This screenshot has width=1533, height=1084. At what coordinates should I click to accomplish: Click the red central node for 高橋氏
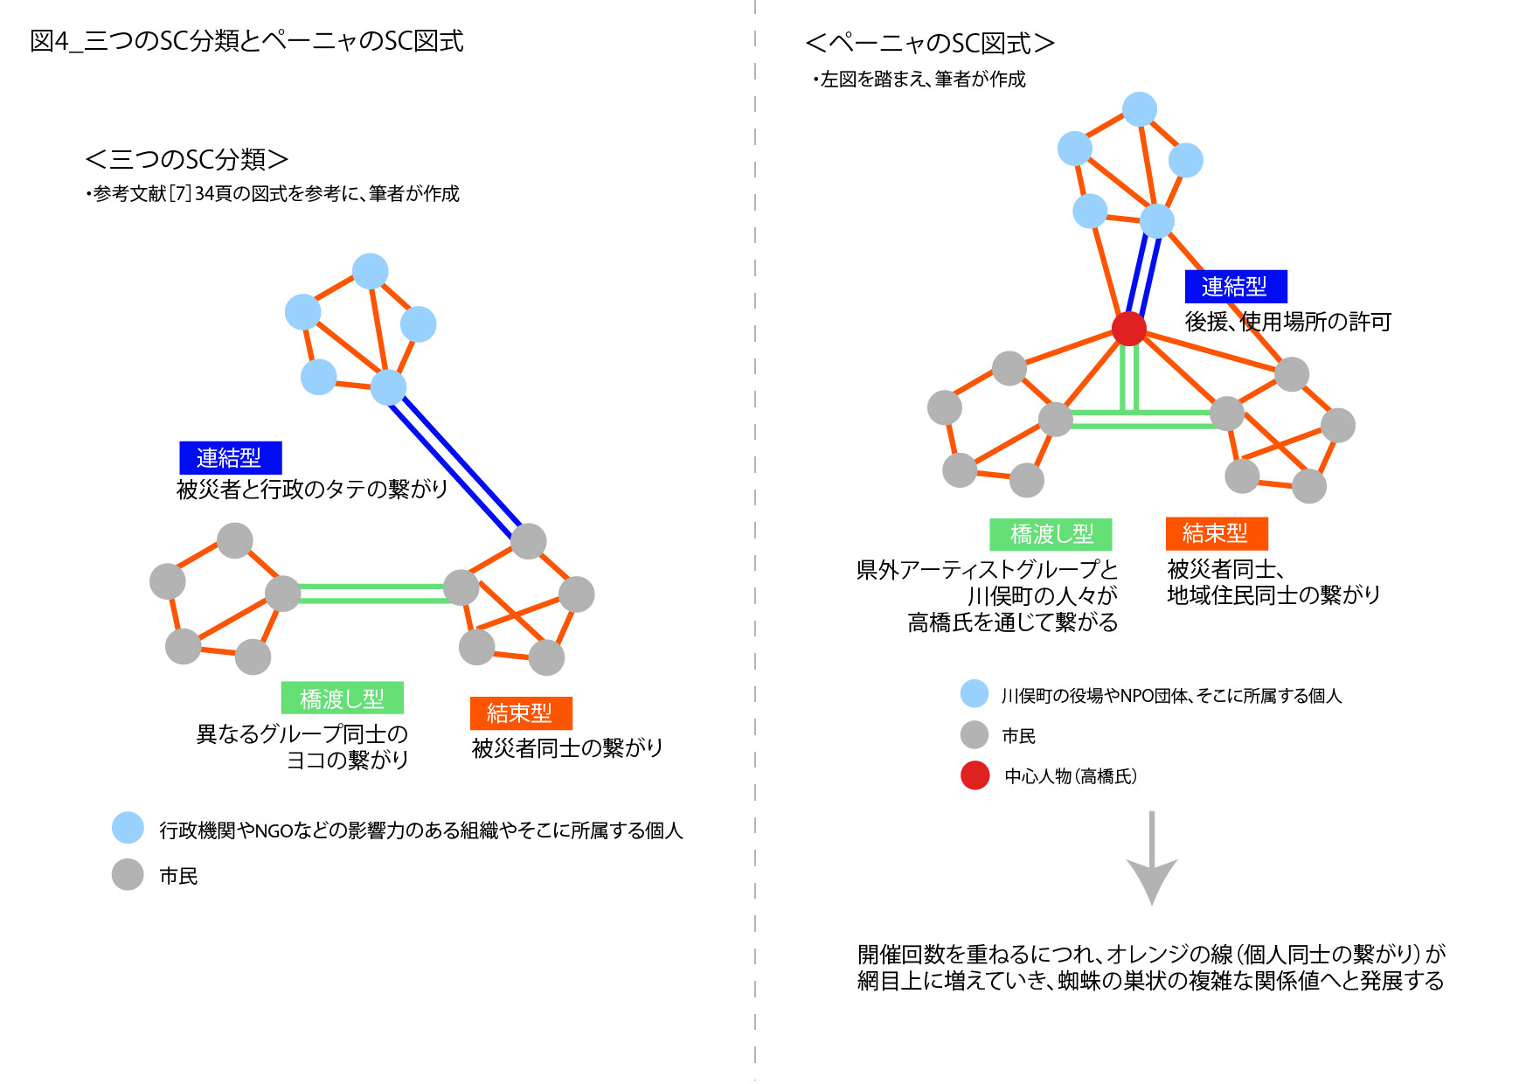(x=1128, y=329)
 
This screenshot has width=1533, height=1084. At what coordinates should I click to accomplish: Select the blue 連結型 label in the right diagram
(x=1235, y=286)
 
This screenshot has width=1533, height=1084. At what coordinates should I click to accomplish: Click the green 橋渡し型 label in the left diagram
(x=342, y=698)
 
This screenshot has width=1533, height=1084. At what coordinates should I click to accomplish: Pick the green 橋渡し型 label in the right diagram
(x=1051, y=533)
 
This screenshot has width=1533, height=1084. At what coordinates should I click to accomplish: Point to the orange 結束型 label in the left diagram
(x=521, y=712)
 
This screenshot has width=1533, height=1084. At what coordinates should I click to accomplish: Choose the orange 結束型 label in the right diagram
(x=1216, y=532)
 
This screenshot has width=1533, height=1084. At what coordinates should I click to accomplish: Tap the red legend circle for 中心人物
(x=975, y=775)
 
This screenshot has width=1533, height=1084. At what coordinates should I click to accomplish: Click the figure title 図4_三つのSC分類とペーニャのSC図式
(x=246, y=41)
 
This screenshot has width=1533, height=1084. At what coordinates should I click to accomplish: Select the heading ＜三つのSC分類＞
(x=186, y=159)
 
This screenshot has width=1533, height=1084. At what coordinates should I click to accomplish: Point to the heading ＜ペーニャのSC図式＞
(x=929, y=43)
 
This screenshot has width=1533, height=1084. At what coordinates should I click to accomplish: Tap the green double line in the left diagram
(x=371, y=594)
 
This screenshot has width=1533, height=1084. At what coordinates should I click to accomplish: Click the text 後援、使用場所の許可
(x=1287, y=322)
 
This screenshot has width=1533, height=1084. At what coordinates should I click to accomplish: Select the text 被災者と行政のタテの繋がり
(x=312, y=489)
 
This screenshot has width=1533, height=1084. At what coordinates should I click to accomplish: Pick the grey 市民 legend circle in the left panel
(x=128, y=874)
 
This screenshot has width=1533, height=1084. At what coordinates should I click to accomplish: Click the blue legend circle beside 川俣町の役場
(x=975, y=694)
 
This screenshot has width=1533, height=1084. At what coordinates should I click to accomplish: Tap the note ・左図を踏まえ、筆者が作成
(x=919, y=80)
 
